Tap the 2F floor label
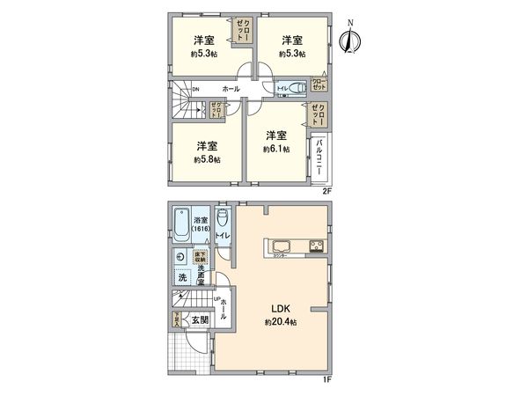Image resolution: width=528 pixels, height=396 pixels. tap(327, 190)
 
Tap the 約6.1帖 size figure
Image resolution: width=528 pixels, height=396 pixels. tap(276, 150)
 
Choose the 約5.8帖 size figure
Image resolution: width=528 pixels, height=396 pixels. tap(207, 159)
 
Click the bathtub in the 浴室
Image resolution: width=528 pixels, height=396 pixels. tap(180, 226)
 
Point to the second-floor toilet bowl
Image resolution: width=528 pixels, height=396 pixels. tap(297, 86)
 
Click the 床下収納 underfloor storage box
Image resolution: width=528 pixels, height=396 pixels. tap(199, 255)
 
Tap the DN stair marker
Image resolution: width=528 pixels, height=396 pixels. tap(195, 88)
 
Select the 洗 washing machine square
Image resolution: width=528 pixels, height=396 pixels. tap(181, 279)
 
